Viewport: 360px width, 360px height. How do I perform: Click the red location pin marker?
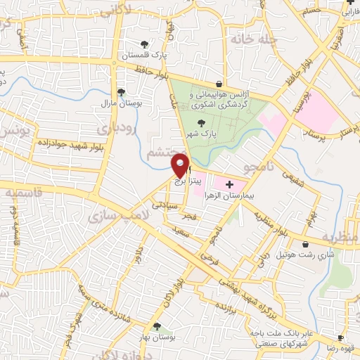click(181, 166)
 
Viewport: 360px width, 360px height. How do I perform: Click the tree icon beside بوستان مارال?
click(121, 92)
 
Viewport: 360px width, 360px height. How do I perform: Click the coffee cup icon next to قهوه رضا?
click(341, 337)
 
